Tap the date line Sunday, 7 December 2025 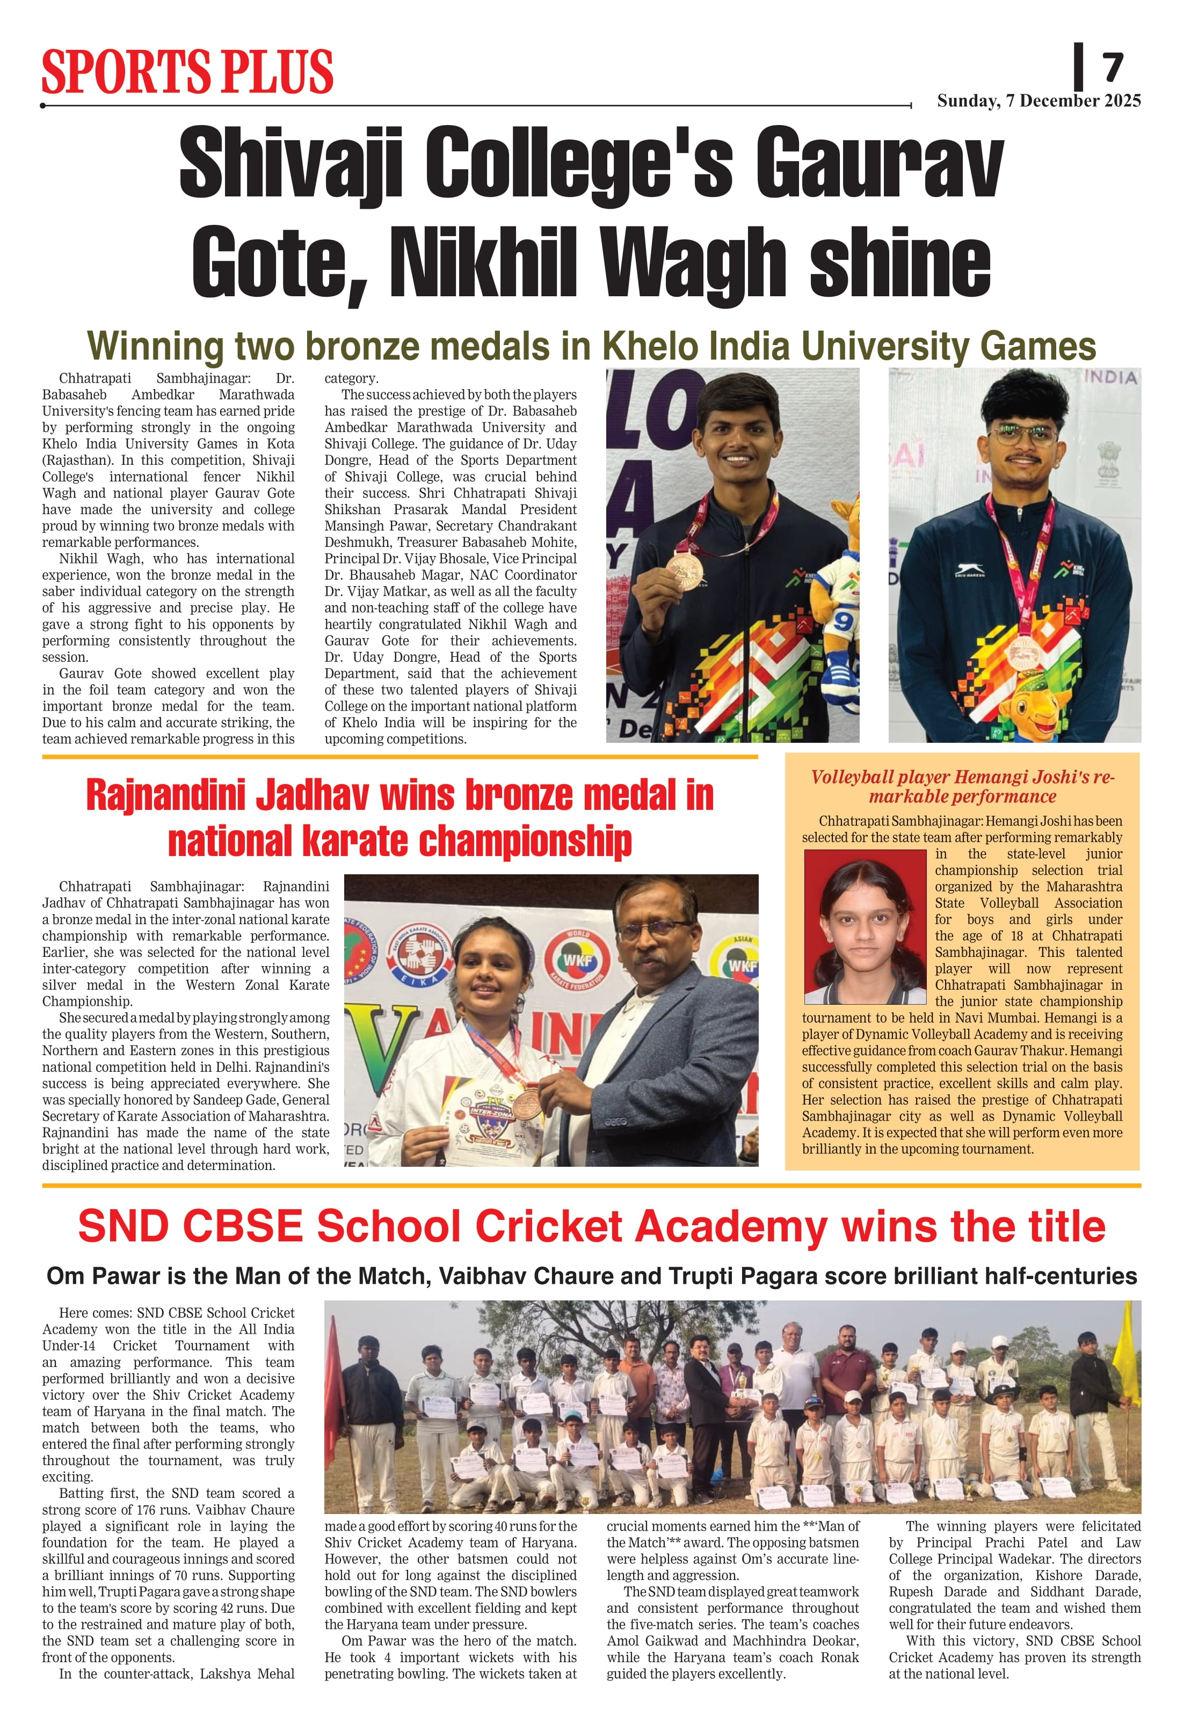pos(1038,101)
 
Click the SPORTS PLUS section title pos(187,72)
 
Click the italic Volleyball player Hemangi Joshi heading pos(962,787)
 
